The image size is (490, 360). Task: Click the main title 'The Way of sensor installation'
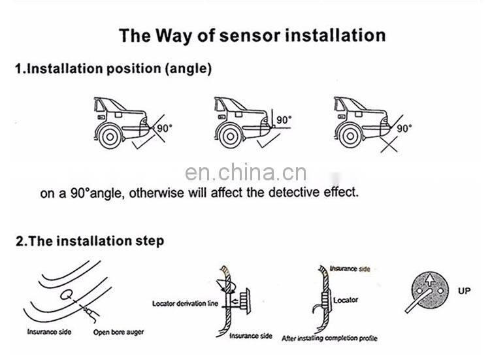(252, 35)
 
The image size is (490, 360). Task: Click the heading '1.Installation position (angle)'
(114, 69)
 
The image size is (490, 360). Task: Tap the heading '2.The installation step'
(90, 241)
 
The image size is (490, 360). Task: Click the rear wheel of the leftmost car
(110, 137)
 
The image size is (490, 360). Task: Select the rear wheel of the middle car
(231, 137)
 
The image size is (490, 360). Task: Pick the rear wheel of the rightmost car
(350, 137)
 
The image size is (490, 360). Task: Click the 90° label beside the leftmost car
(165, 128)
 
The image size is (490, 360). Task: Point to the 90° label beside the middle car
(284, 120)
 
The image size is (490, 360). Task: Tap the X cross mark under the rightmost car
(389, 144)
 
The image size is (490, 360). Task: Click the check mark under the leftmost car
(144, 141)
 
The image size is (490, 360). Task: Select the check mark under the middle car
(269, 140)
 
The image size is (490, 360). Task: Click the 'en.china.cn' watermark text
(246, 172)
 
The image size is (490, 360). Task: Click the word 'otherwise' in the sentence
(157, 193)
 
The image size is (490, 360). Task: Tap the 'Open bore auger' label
(118, 332)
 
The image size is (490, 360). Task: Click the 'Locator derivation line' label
(185, 303)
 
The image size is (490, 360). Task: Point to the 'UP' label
(464, 291)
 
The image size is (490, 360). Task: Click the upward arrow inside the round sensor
(430, 280)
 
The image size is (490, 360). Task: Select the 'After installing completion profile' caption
(329, 338)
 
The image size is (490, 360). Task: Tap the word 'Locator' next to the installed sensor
(346, 301)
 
